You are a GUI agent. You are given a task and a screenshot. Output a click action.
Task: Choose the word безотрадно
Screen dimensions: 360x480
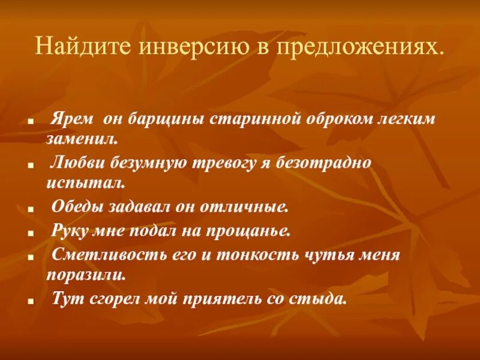(x=325, y=163)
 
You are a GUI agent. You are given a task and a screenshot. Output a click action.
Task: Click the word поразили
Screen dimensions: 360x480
(x=85, y=275)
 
